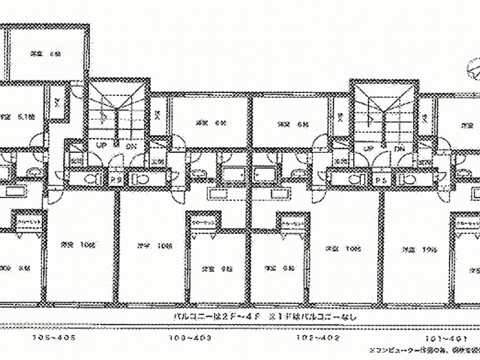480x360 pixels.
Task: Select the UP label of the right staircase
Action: pos(369,148)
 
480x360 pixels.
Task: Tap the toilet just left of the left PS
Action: pos(91,180)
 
